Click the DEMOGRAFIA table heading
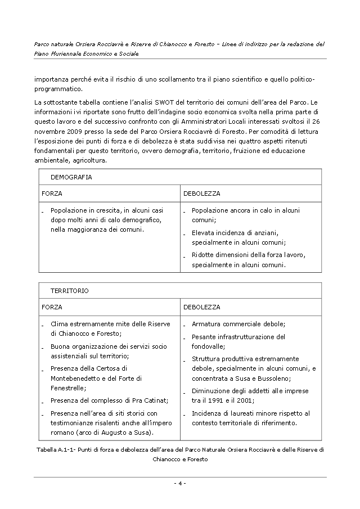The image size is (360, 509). tap(71, 177)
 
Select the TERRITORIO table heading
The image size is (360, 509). tap(70, 291)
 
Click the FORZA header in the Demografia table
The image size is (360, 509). tap(52, 193)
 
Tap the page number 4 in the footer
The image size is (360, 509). tap(180, 483)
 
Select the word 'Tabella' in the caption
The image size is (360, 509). tap(47, 450)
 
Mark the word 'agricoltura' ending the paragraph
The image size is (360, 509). tap(88, 160)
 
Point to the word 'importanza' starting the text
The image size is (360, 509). tap(49, 80)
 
